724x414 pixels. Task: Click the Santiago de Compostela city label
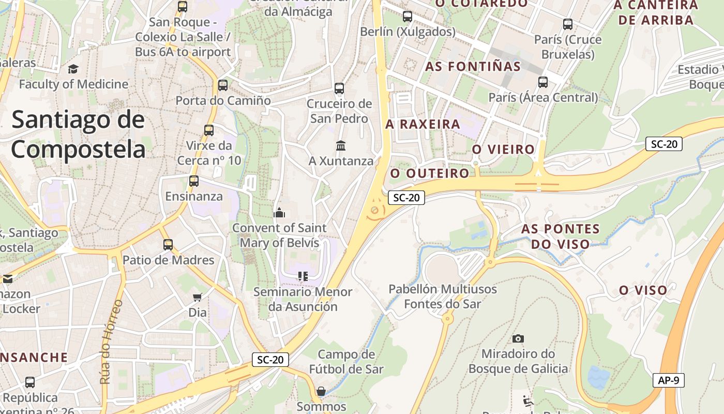tap(79, 135)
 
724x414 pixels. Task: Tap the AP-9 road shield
tap(668, 380)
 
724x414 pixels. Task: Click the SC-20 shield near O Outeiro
tap(406, 197)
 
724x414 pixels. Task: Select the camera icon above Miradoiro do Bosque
tap(518, 338)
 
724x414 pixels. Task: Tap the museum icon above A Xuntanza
tap(341, 145)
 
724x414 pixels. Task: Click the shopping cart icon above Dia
tap(197, 297)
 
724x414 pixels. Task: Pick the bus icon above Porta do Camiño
tap(223, 85)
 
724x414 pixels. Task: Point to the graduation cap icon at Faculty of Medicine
tap(73, 69)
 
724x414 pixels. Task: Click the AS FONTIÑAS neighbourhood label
tap(473, 67)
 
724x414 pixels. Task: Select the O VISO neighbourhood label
tap(643, 291)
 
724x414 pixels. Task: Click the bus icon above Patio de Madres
tap(168, 244)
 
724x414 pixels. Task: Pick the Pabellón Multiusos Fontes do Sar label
tap(443, 297)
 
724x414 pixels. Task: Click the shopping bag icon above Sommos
tap(321, 391)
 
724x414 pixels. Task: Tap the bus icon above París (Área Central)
tap(543, 82)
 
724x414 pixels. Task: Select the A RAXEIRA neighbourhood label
tap(423, 124)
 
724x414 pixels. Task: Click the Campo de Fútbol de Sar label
tap(346, 362)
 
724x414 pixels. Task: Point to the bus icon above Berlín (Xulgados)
tap(408, 16)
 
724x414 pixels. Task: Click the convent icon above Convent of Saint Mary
tap(279, 212)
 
